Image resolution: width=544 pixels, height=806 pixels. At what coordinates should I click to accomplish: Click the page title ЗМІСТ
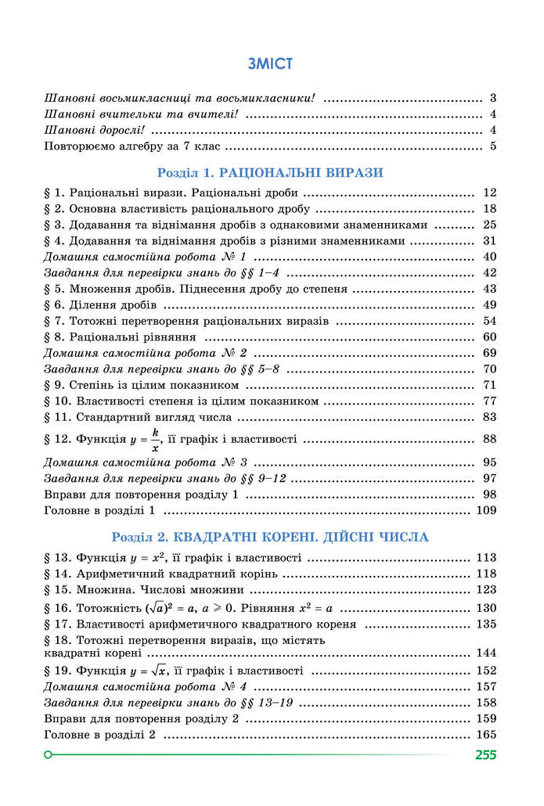[269, 64]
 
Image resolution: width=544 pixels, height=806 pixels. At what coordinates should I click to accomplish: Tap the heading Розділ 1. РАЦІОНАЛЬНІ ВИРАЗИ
[270, 172]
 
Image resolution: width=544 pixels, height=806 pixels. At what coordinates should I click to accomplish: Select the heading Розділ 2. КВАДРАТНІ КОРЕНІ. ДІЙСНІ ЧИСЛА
[270, 538]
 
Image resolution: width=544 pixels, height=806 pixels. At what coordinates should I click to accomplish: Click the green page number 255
[485, 755]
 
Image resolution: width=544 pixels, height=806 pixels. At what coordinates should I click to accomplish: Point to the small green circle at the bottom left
[49, 755]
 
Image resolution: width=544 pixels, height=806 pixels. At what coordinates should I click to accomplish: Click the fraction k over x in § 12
[155, 439]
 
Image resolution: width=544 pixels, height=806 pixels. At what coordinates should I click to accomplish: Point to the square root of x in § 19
[160, 670]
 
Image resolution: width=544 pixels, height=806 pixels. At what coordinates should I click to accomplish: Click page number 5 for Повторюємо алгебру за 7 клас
[494, 146]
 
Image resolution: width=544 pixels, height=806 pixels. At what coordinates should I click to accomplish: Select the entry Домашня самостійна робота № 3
[146, 462]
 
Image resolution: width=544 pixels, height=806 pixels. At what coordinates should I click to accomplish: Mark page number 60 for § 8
[491, 337]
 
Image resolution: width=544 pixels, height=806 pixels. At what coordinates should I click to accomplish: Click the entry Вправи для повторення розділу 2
[141, 718]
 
